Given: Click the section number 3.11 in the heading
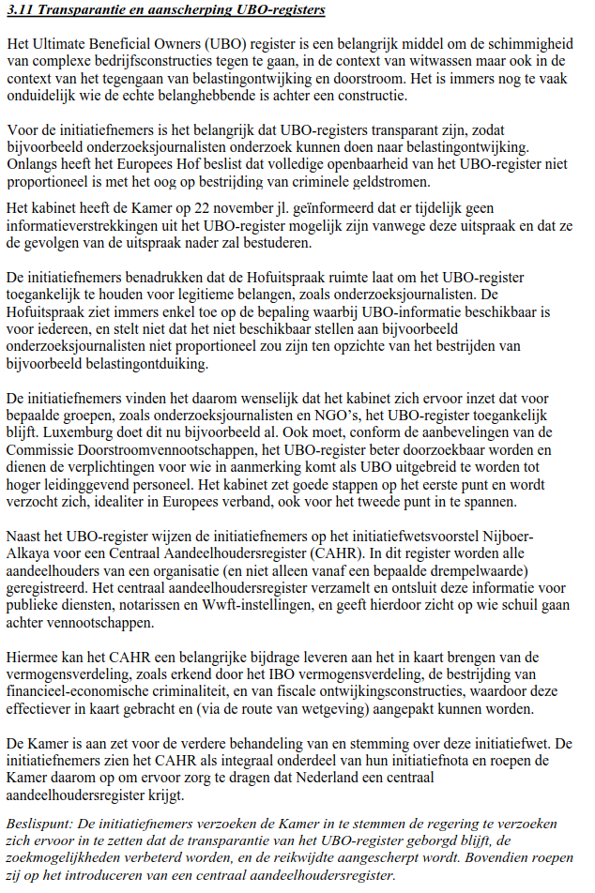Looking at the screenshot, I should [18, 10].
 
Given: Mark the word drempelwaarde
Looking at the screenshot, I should [506, 571].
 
